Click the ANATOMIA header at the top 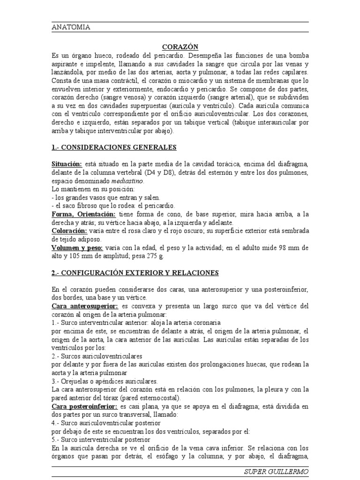71,27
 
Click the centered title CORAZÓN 180,47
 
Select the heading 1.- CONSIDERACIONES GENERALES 114,147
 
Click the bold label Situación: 67,164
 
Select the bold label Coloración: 69,231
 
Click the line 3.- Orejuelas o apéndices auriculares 105,382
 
